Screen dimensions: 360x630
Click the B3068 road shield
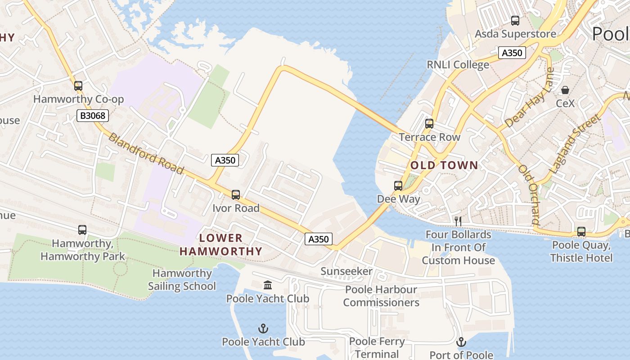tap(93, 116)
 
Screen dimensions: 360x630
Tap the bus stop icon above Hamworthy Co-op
tap(78, 85)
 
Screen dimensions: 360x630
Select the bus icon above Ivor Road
tap(236, 195)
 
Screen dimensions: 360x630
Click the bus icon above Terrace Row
tap(429, 124)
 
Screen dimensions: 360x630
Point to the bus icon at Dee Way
tap(398, 185)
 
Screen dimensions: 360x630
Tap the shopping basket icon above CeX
tap(565, 90)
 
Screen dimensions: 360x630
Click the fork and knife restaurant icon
tap(458, 221)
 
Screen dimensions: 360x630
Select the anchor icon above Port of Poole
tap(461, 342)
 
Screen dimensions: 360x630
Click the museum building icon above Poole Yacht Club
tap(268, 285)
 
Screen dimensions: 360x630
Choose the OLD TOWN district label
tap(444, 166)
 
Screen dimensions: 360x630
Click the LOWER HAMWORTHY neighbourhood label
tap(220, 245)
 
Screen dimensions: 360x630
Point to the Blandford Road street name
tap(146, 153)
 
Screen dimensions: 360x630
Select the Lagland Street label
tap(576, 144)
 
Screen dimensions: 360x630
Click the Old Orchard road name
tap(529, 194)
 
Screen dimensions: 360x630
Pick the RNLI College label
tap(458, 65)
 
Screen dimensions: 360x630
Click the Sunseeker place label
tap(346, 271)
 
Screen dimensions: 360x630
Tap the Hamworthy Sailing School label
tap(182, 280)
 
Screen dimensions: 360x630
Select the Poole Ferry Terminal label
tap(377, 348)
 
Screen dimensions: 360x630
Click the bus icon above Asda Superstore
tap(515, 20)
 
